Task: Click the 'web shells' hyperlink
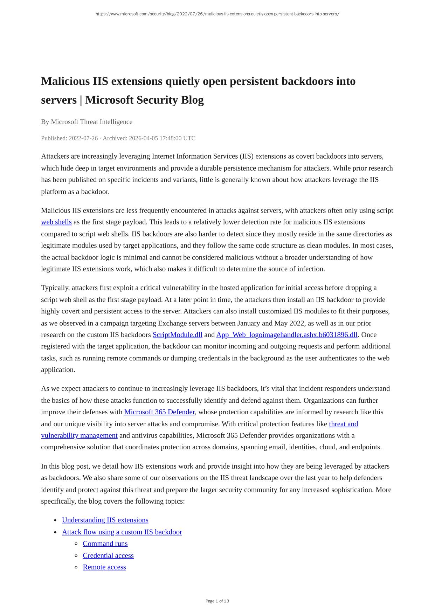point(56,222)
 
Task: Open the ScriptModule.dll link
point(177,335)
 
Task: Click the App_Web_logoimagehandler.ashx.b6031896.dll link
point(286,335)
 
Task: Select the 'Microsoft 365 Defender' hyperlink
point(159,412)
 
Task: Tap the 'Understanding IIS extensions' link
point(105,520)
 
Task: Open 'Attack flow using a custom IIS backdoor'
point(122,532)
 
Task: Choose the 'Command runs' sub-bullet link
point(105,544)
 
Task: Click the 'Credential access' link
point(108,555)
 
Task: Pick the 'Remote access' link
point(104,567)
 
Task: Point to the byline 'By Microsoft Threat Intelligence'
point(87,122)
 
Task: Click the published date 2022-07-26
point(83,138)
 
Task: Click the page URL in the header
point(217,14)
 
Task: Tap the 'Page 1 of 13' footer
point(217,601)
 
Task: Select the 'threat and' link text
point(343,424)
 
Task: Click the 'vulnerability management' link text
point(79,436)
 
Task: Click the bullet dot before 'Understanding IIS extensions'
point(55,520)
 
